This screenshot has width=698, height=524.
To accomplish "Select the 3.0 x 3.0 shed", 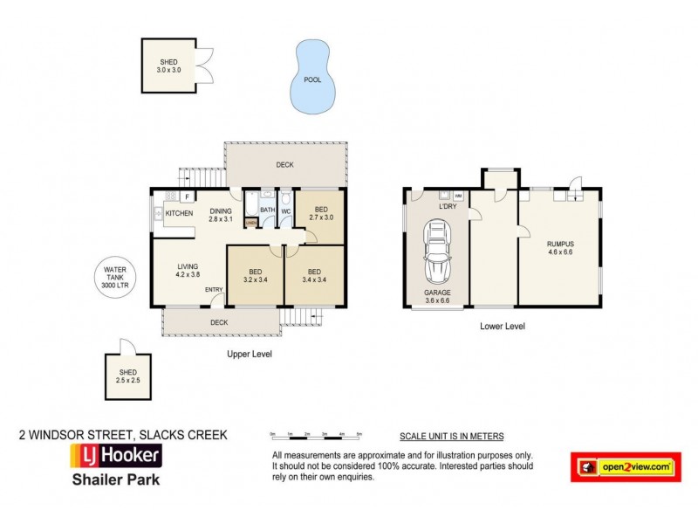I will pyautogui.click(x=168, y=66).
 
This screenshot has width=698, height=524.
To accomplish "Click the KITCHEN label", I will pyautogui.click(x=179, y=213).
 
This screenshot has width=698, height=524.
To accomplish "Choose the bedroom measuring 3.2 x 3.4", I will pyautogui.click(x=256, y=276).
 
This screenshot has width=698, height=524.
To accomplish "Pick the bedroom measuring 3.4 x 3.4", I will pyautogui.click(x=313, y=276).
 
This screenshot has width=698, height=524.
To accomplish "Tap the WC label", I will pyautogui.click(x=285, y=210).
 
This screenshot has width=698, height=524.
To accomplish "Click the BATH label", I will pyautogui.click(x=267, y=210).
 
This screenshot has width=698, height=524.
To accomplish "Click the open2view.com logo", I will pyautogui.click(x=625, y=467).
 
